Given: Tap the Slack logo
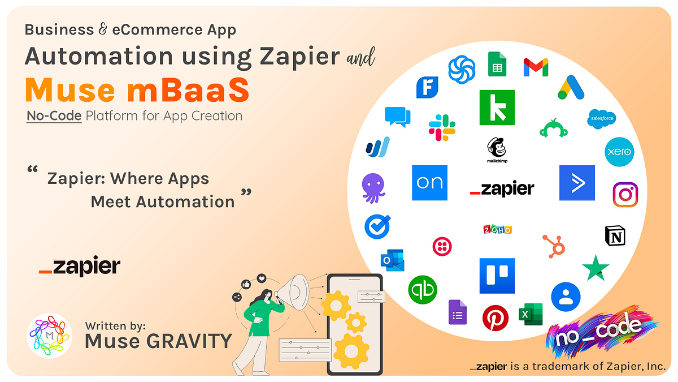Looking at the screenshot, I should (442, 127).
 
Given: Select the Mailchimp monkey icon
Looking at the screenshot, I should (496, 150).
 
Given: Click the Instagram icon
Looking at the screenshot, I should (625, 195).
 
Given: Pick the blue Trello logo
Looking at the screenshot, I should (497, 276).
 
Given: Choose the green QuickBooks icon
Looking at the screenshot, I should (423, 290).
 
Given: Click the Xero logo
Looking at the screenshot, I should (619, 152).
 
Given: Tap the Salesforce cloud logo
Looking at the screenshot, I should (602, 118).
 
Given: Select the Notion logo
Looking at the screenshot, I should (616, 235).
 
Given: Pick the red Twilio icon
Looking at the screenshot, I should (442, 246).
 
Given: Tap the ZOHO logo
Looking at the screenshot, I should (497, 229).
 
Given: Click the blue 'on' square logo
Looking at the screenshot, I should (429, 183).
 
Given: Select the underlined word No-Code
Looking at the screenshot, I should (54, 116).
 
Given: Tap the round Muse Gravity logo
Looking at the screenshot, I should (49, 336).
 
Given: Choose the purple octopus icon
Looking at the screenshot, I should (373, 188).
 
